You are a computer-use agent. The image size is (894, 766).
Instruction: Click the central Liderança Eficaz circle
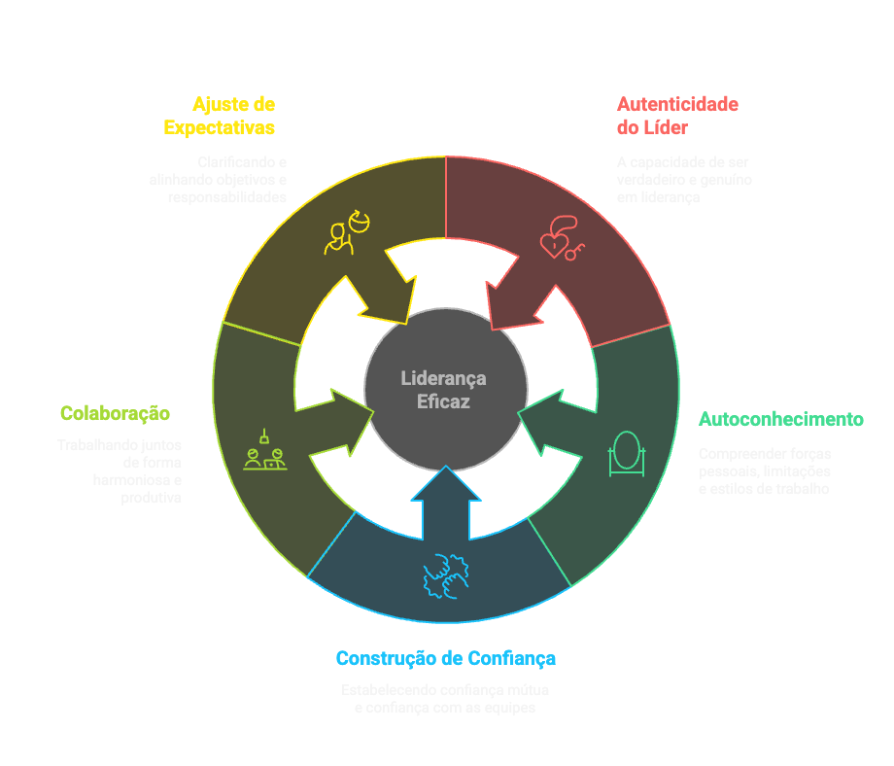tap(445, 388)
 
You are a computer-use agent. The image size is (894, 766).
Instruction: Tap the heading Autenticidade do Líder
tap(677, 116)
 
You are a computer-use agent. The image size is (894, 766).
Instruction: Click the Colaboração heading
tap(115, 414)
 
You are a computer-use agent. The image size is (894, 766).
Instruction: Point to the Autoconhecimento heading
tap(781, 420)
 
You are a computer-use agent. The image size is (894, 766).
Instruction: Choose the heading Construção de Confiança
tap(446, 659)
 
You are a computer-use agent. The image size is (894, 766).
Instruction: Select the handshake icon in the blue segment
tap(446, 574)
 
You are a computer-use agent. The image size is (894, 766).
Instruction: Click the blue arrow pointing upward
tap(446, 501)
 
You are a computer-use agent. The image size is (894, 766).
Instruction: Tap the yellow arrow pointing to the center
tap(381, 287)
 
